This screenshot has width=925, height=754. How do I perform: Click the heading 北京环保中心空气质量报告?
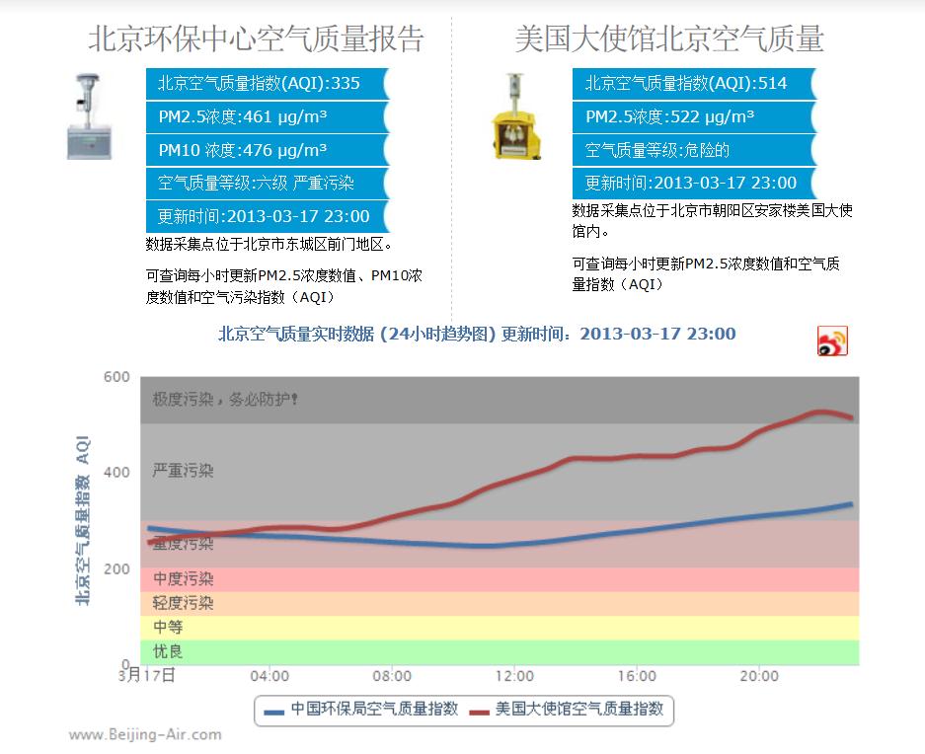pyautogui.click(x=256, y=38)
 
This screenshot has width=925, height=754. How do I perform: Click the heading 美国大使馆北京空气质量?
pyautogui.click(x=668, y=38)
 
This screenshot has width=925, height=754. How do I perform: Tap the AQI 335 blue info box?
pyautogui.click(x=265, y=84)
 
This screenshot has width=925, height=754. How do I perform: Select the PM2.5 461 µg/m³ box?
pyautogui.click(x=265, y=117)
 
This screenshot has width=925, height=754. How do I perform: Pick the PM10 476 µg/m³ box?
pyautogui.click(x=265, y=150)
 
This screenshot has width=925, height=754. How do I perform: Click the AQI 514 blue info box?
pyautogui.click(x=692, y=84)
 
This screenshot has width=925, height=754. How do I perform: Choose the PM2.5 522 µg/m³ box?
pyautogui.click(x=692, y=117)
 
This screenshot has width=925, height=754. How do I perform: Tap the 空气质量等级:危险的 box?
pyautogui.click(x=692, y=150)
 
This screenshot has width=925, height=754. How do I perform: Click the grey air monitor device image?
pyautogui.click(x=92, y=116)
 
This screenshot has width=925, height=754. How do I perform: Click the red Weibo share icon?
pyautogui.click(x=832, y=340)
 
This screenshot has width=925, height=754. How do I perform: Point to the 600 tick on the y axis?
pyautogui.click(x=116, y=377)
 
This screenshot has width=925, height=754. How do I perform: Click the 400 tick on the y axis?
pyautogui.click(x=116, y=473)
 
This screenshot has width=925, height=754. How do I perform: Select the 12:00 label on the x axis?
pyautogui.click(x=514, y=676)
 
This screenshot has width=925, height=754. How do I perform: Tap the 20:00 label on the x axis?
pyautogui.click(x=759, y=676)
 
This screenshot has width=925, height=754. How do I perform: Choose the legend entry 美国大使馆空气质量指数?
pyautogui.click(x=566, y=709)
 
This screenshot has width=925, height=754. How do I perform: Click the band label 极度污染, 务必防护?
pyautogui.click(x=225, y=400)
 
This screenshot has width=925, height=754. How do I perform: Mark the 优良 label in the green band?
pyautogui.click(x=168, y=652)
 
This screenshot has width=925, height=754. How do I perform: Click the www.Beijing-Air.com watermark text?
pyautogui.click(x=145, y=734)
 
